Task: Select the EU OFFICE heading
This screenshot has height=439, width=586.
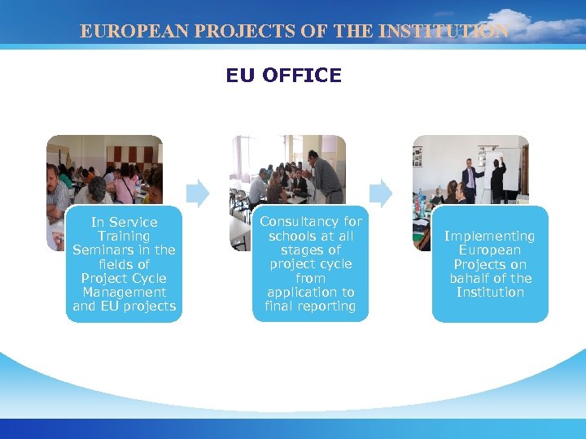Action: coord(284,76)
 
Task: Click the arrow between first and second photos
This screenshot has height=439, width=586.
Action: coord(198,193)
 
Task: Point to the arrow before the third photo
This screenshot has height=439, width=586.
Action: coord(381,193)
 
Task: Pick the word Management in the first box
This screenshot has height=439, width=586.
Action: coord(125,292)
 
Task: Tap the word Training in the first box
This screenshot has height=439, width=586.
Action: coord(125,237)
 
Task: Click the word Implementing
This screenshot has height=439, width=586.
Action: coord(490,237)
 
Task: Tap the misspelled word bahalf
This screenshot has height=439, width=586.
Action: coord(469,278)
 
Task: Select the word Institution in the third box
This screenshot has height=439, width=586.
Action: coord(490,292)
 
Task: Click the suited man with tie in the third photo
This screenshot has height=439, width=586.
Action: coord(469,180)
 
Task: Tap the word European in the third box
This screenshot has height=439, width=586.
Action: coord(490,250)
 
